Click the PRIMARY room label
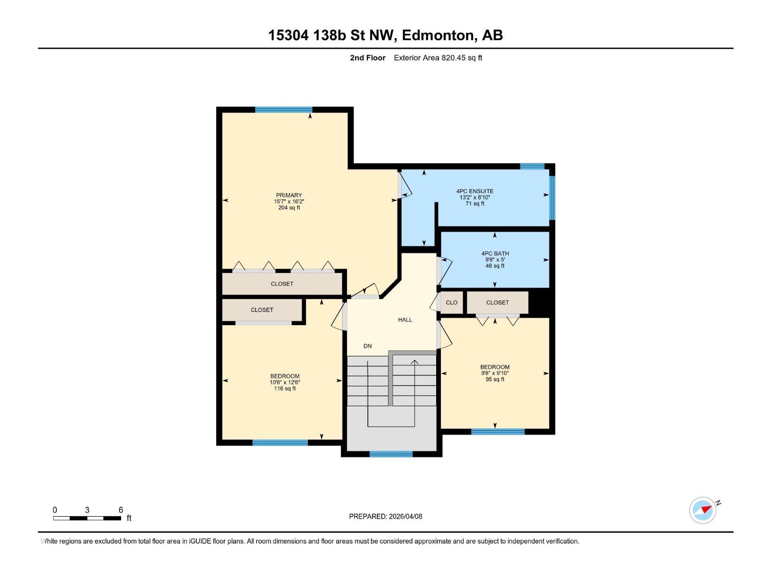(x=289, y=195)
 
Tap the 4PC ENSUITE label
(x=475, y=191)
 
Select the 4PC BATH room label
(x=495, y=253)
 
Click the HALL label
(x=405, y=320)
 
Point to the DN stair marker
(x=368, y=346)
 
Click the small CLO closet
(x=452, y=303)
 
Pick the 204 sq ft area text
(x=289, y=208)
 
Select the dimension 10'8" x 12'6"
(x=285, y=383)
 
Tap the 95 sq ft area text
(x=495, y=379)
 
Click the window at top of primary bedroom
(x=284, y=110)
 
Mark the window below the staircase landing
(x=391, y=454)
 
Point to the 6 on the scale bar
(x=121, y=510)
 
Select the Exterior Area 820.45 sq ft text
(x=438, y=58)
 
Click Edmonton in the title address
(x=439, y=35)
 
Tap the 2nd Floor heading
(x=368, y=58)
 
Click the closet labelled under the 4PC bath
(x=497, y=303)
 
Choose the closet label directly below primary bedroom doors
(x=282, y=284)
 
